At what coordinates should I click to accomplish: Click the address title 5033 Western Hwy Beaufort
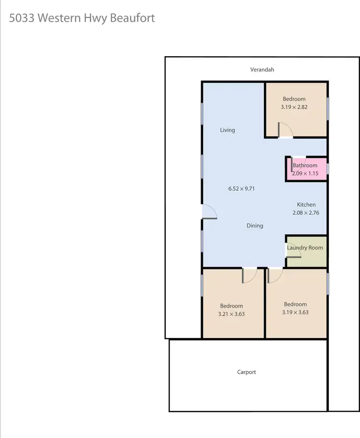(82, 19)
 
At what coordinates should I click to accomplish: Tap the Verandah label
(262, 70)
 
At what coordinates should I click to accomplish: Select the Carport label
(247, 372)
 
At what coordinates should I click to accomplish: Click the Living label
(228, 130)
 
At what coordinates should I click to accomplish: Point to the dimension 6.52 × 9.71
(241, 189)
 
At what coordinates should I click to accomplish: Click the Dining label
(255, 226)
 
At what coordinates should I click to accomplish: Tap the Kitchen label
(306, 205)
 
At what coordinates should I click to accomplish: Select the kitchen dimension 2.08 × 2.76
(306, 213)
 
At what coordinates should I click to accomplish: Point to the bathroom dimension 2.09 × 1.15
(305, 173)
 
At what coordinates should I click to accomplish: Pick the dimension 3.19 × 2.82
(294, 107)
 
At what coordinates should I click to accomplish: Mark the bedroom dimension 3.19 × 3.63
(295, 312)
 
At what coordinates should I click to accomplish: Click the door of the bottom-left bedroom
(250, 275)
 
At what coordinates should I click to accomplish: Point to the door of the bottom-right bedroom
(275, 275)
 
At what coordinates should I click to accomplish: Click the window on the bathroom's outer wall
(328, 169)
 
